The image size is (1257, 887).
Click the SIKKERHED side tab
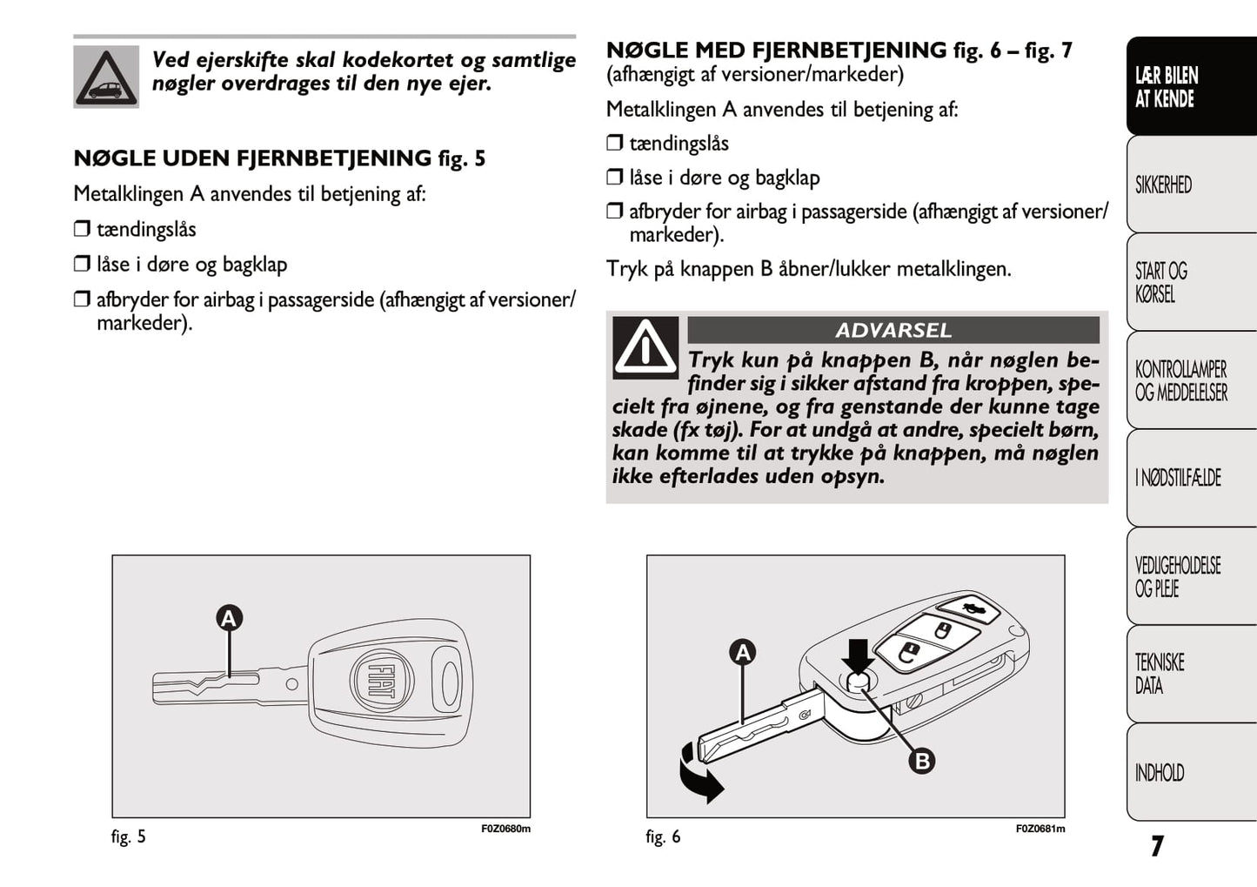click(1190, 185)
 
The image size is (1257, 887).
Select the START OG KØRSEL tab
click(1190, 283)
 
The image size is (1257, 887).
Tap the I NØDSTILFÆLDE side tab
click(1190, 477)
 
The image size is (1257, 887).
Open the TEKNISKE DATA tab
click(1190, 674)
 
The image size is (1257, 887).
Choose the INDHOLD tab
click(1190, 772)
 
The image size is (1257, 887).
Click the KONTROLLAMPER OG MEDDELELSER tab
click(1190, 380)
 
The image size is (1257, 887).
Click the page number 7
click(1156, 846)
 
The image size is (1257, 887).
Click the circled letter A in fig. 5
click(229, 619)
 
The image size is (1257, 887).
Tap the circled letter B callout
click(921, 761)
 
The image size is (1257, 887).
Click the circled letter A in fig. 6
click(743, 652)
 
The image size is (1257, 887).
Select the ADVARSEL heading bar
click(893, 331)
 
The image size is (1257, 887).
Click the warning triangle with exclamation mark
click(645, 347)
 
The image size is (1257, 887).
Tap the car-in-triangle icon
click(106, 77)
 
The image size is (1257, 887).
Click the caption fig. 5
click(129, 837)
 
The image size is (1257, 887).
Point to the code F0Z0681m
click(1040, 829)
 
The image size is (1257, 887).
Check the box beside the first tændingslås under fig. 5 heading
click(82, 230)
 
